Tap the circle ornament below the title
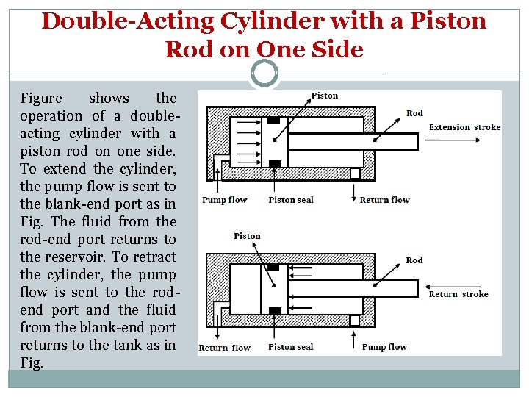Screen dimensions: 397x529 264,73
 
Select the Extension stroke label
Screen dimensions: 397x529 464,127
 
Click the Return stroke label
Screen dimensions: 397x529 458,294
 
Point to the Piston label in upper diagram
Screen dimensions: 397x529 325,96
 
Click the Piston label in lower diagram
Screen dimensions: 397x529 247,236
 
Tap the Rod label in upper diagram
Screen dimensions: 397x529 414,113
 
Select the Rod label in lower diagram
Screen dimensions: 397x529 414,260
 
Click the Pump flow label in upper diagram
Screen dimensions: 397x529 225,200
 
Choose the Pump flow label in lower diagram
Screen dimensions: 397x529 384,347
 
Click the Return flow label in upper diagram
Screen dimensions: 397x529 384,200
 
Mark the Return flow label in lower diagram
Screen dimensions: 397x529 225,348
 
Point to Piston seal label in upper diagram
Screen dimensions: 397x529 291,200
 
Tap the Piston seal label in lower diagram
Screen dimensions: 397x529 291,347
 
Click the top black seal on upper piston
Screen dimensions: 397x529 273,120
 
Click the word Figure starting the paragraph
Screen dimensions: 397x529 41,99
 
